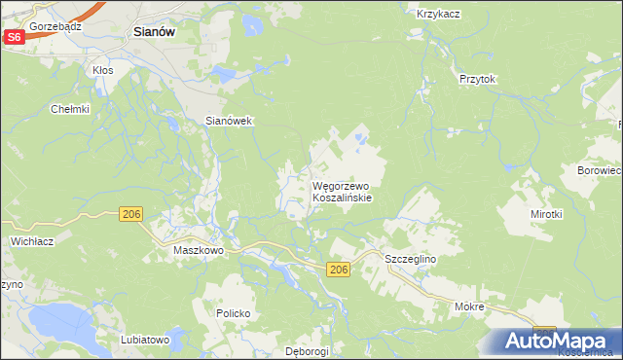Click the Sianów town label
pyautogui.click(x=152, y=31)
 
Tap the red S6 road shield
pyautogui.click(x=14, y=36)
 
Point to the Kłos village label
pyautogui.click(x=102, y=70)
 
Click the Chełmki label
pyautogui.click(x=71, y=109)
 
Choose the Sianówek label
pyautogui.click(x=229, y=121)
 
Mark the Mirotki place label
pyautogui.click(x=546, y=213)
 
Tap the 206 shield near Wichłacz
pyautogui.click(x=133, y=213)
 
